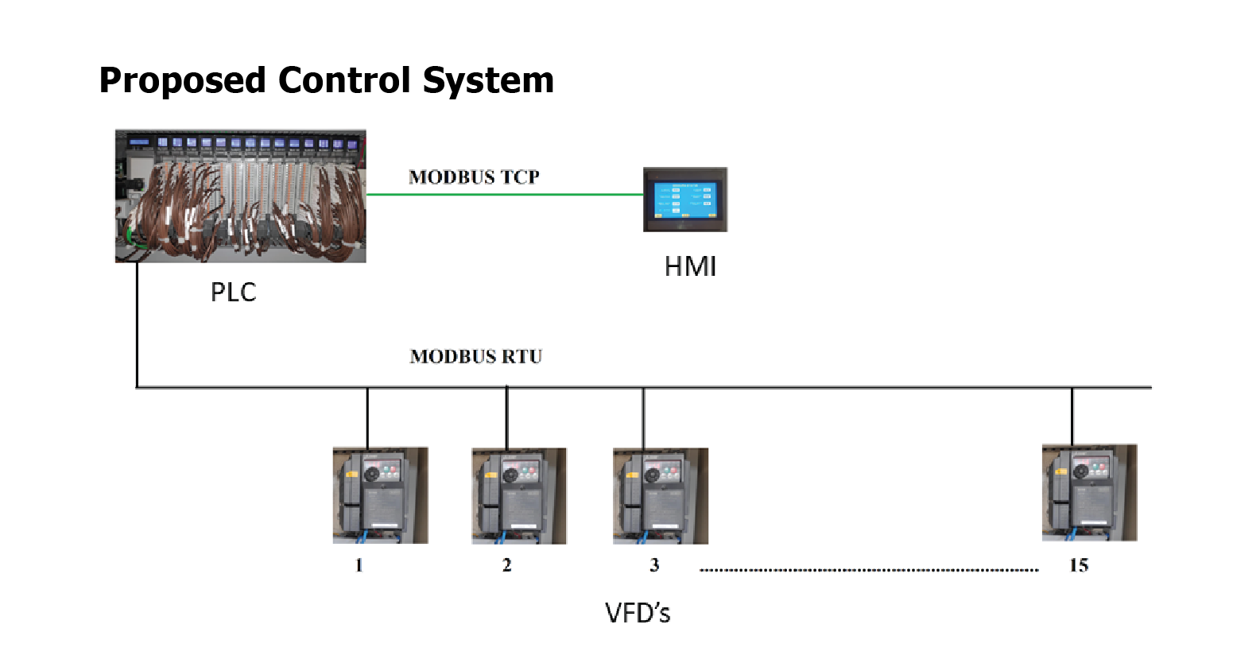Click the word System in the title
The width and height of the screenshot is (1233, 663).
[x=488, y=81]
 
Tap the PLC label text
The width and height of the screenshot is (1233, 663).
[x=233, y=293]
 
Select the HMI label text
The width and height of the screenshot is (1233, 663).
[x=690, y=267]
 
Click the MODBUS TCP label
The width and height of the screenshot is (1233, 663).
[x=474, y=177]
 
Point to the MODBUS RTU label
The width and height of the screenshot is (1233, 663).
[x=475, y=357]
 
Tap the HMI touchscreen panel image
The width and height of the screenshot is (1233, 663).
[x=684, y=200]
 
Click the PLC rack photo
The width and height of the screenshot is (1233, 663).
[x=240, y=196]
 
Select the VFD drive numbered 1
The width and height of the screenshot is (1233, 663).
[x=380, y=495]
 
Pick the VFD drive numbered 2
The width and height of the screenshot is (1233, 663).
[x=519, y=495]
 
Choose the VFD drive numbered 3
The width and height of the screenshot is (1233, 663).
[x=660, y=495]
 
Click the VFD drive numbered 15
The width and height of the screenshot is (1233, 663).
[x=1089, y=493]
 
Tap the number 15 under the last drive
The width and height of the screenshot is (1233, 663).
[x=1078, y=565]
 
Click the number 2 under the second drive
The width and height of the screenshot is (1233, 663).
[x=506, y=565]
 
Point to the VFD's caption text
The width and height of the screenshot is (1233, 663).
[x=638, y=613]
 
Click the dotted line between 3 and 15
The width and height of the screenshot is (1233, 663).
[x=868, y=570]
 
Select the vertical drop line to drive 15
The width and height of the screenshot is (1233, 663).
[x=1072, y=416]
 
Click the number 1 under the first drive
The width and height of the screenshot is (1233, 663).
[x=359, y=565]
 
